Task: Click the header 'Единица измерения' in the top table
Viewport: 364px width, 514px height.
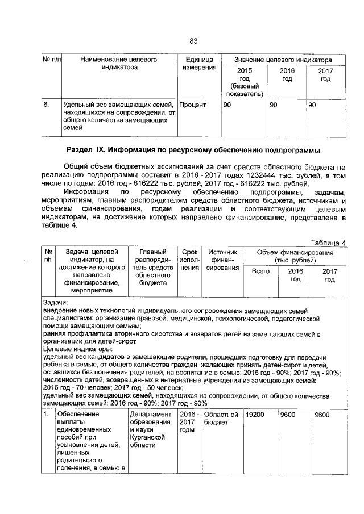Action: pyautogui.click(x=199, y=64)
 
